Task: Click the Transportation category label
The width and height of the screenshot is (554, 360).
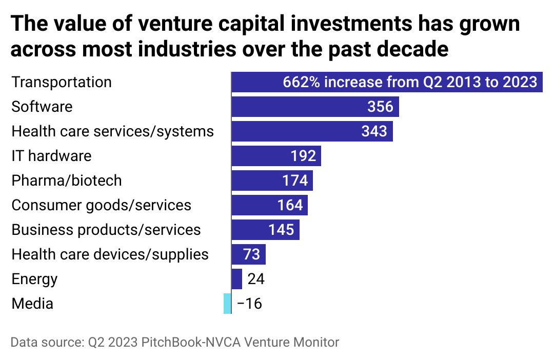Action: tap(62, 82)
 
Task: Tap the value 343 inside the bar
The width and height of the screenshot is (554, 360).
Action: tap(374, 131)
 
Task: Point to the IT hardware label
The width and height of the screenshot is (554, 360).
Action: tap(51, 156)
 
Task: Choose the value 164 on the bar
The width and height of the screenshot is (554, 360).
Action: tap(290, 205)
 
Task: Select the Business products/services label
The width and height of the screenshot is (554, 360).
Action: tap(106, 230)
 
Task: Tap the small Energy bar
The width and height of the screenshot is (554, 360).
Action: tap(236, 279)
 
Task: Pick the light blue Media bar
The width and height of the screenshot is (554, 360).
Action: tap(227, 304)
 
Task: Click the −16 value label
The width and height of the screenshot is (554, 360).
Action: tap(250, 304)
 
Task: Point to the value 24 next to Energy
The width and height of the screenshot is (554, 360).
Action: tap(255, 279)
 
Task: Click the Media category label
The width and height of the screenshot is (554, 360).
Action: tap(32, 304)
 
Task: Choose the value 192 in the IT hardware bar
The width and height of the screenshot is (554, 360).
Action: tap(303, 156)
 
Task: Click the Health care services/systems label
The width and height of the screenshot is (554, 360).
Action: tap(112, 131)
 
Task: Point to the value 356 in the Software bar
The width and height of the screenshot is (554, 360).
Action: tap(380, 107)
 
